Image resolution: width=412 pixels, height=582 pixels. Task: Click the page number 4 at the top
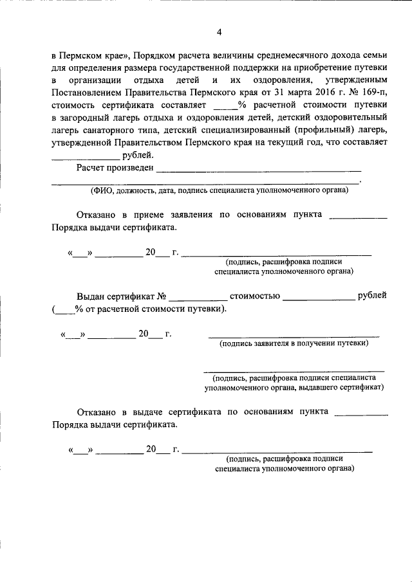coord(219,32)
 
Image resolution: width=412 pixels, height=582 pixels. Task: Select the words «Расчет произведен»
coord(115,168)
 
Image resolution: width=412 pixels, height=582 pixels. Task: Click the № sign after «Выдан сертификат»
coord(162,296)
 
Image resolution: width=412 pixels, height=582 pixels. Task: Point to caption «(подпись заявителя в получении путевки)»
coord(294,343)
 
